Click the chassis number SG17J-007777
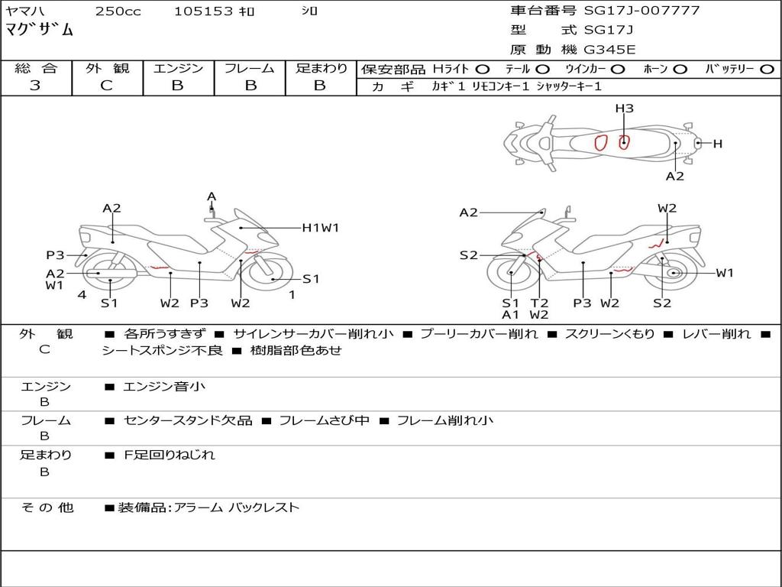[x=641, y=11]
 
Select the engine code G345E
[x=609, y=50]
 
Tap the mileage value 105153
[x=203, y=11]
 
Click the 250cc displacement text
[x=118, y=11]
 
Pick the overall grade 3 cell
[x=35, y=85]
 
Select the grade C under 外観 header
[x=107, y=85]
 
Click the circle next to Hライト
[x=483, y=70]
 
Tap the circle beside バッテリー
[x=767, y=70]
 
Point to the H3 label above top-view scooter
[x=624, y=108]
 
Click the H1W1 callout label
[x=321, y=228]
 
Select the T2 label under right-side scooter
[x=539, y=303]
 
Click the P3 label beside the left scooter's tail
[x=55, y=255]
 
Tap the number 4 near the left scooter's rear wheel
[x=82, y=294]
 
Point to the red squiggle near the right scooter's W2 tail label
[x=656, y=245]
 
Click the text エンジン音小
[x=164, y=386]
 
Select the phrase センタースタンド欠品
[x=188, y=421]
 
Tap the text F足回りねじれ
[x=169, y=455]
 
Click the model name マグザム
[x=39, y=30]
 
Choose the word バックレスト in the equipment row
[x=263, y=508]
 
